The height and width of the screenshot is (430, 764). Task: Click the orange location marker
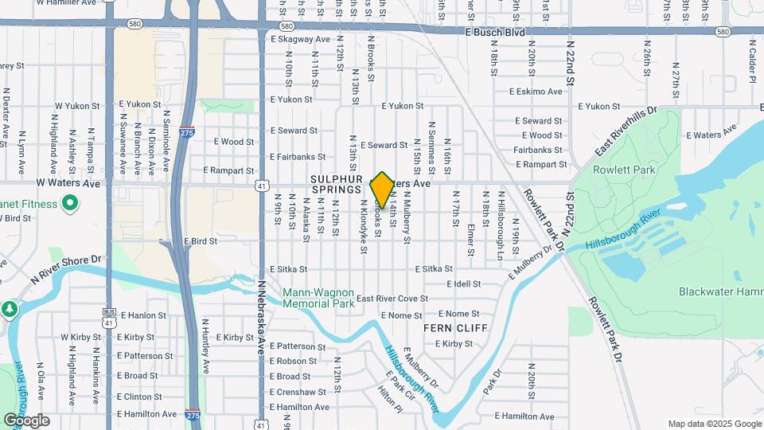click(382, 190)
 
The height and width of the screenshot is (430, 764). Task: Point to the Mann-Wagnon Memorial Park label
click(318, 298)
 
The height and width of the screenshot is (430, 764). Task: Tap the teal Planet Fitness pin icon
click(69, 204)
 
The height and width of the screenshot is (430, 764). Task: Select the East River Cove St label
click(392, 299)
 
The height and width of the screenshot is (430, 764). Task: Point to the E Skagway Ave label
click(300, 39)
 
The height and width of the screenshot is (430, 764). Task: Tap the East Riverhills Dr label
click(626, 132)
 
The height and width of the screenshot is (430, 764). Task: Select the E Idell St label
click(464, 283)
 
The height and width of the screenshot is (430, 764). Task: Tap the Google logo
click(26, 420)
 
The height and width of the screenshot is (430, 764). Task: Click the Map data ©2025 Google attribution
click(714, 424)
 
